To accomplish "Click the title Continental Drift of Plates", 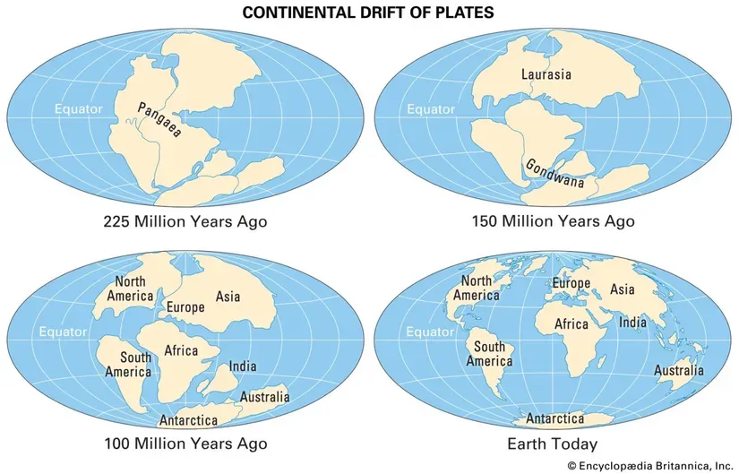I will click(368, 13).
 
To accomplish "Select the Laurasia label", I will click(546, 74).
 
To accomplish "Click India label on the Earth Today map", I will click(633, 322).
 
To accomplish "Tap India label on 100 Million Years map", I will click(243, 366).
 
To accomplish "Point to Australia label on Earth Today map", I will click(678, 370).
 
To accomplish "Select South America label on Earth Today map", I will click(489, 354).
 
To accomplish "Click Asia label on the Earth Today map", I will click(623, 289).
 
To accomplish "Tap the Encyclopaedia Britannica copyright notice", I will click(648, 465).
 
